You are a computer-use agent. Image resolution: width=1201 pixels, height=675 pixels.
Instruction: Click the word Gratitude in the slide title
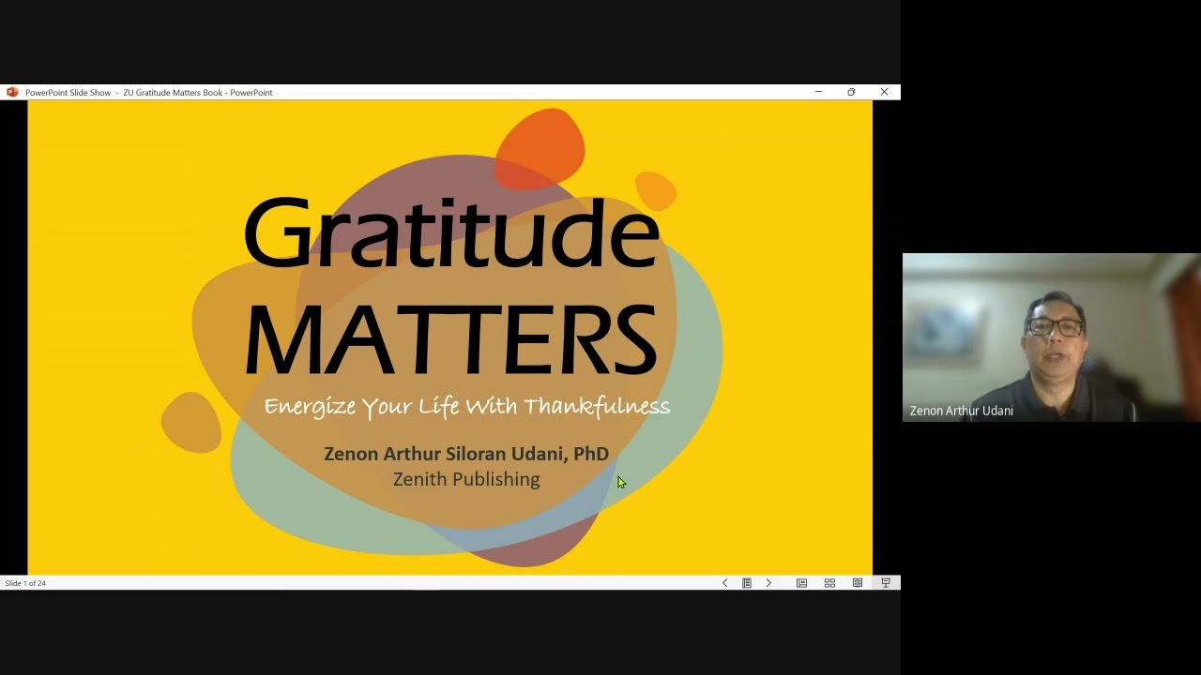point(450,232)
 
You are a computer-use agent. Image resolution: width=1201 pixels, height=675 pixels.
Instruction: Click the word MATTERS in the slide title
point(450,339)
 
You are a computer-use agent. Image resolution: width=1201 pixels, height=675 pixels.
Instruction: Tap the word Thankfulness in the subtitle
point(597,407)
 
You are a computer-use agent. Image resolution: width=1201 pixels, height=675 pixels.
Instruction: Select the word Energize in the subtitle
point(310,407)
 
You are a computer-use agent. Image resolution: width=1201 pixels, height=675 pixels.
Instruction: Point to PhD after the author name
point(591,454)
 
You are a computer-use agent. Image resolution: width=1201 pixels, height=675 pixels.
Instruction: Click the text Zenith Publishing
point(466,479)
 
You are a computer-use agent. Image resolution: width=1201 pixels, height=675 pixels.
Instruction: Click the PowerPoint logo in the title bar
point(12,92)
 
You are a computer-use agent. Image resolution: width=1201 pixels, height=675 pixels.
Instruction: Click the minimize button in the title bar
point(818,92)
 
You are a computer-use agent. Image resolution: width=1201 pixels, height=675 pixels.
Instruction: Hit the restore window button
point(851,92)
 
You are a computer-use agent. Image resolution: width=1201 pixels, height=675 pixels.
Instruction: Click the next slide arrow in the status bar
point(768,583)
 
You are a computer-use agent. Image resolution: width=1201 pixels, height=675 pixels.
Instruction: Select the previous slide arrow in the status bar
point(724,583)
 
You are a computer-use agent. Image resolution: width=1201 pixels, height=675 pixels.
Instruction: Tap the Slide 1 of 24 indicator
point(25,583)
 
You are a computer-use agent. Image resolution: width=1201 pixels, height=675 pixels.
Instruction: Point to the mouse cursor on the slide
point(620,483)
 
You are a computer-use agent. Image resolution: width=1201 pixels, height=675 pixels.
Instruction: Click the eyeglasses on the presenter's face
point(1056,327)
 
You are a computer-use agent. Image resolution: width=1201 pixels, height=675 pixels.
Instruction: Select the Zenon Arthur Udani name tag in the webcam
point(961,411)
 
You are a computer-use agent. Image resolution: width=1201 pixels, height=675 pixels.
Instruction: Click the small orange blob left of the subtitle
point(191,422)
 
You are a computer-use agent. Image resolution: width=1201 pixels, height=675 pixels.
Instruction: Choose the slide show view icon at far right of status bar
point(885,583)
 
